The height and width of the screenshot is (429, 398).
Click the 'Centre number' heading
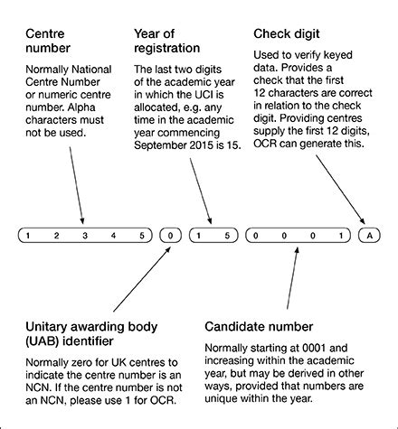(x=48, y=41)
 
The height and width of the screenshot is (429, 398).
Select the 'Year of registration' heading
(x=166, y=41)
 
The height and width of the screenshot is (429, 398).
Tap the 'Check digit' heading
(x=287, y=33)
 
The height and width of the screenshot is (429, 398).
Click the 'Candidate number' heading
(x=259, y=327)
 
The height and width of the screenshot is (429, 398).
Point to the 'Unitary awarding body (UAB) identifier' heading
(x=91, y=334)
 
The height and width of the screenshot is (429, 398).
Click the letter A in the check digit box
(x=369, y=236)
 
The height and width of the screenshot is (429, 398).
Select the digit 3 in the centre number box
(x=85, y=236)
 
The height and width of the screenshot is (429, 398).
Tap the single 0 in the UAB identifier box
(x=170, y=236)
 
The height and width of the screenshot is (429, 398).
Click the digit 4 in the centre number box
(x=113, y=236)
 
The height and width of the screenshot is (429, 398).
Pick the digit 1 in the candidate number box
(x=341, y=236)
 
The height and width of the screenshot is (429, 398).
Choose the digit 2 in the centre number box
(x=56, y=236)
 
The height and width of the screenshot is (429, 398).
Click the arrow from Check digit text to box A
(x=340, y=190)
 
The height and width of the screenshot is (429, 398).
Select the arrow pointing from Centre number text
(x=77, y=185)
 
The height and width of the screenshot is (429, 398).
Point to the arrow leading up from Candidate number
(x=292, y=278)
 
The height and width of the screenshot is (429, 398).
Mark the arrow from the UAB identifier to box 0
(x=142, y=279)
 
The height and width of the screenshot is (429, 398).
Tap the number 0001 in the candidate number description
(x=314, y=348)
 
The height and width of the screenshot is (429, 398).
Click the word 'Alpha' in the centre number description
(x=81, y=107)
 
